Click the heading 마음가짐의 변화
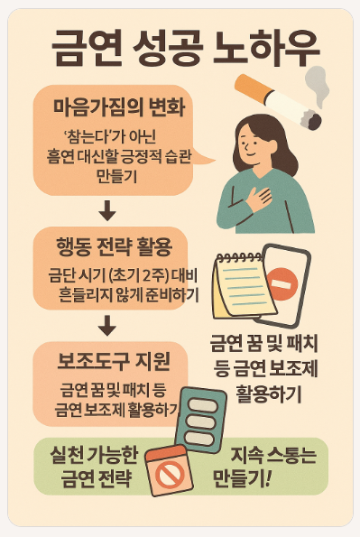coord(119,106)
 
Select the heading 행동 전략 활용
coord(114,247)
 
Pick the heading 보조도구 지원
coord(114,361)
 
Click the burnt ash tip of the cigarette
coord(311,119)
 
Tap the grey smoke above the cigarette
coord(318,85)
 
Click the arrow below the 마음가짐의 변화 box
coord(107,210)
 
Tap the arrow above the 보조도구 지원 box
coord(107,325)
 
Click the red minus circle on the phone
coord(282,284)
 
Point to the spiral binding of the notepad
coord(239,257)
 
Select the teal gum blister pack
coord(201,421)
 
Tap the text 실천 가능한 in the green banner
coord(94,455)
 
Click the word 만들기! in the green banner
coord(242,478)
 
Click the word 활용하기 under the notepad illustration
coord(268,393)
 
